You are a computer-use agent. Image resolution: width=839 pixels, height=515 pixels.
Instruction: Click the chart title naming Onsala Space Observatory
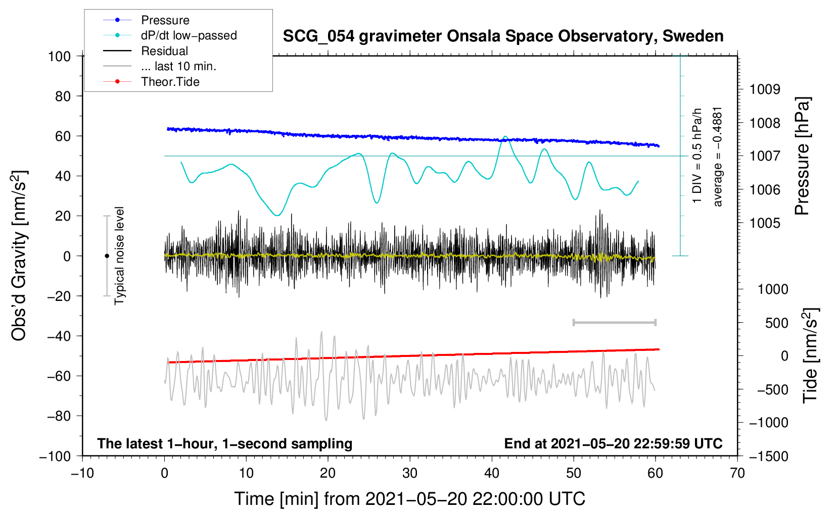click(x=503, y=36)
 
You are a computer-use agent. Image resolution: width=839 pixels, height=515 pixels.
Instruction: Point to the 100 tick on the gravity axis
click(x=60, y=57)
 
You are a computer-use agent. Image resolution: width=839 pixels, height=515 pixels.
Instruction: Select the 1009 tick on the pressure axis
click(x=765, y=89)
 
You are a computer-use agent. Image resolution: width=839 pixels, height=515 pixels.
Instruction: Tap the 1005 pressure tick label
click(x=765, y=223)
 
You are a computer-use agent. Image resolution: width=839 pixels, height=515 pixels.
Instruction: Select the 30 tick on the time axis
click(x=410, y=473)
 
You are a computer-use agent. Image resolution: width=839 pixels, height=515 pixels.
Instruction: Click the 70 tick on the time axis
click(x=737, y=473)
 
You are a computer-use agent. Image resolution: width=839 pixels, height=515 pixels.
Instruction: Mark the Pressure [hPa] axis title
click(x=802, y=156)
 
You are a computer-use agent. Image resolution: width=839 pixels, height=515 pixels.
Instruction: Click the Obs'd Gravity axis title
click(x=19, y=255)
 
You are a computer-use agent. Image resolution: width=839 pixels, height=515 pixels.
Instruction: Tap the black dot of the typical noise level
click(x=107, y=256)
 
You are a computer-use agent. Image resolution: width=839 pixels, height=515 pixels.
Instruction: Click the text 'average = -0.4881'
click(x=717, y=157)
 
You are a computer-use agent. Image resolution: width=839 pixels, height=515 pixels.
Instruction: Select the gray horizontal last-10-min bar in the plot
click(x=614, y=323)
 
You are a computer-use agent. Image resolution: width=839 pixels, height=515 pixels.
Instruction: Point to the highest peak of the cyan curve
click(x=505, y=137)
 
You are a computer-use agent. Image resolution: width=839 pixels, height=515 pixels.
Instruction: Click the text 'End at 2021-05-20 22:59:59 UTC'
click(x=613, y=443)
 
